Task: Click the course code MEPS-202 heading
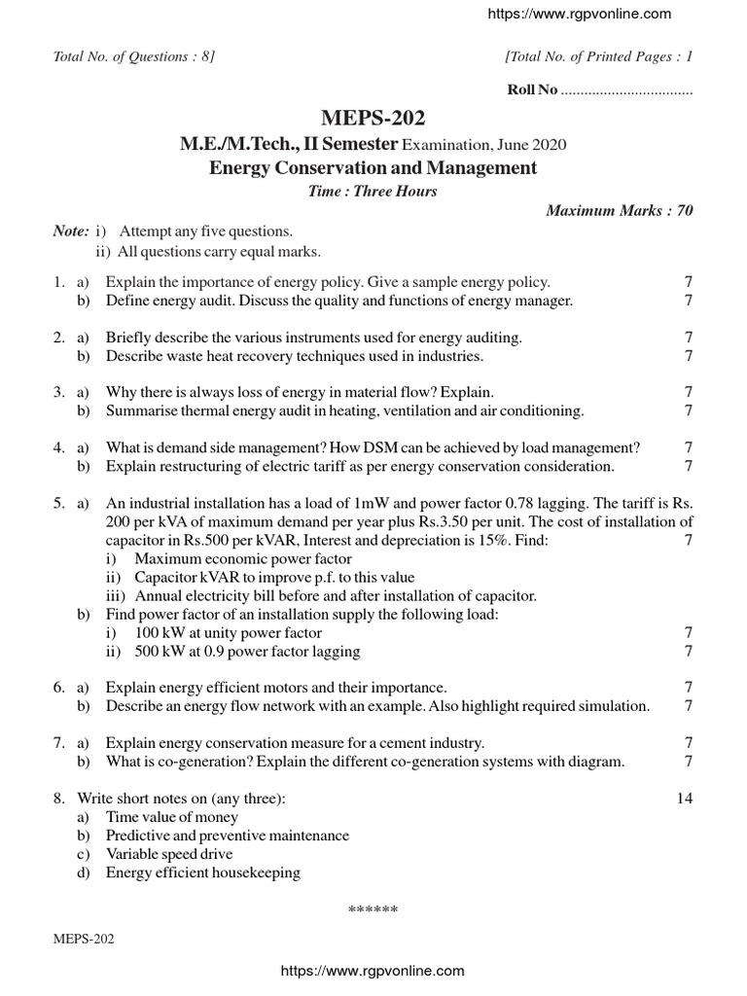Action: (x=373, y=119)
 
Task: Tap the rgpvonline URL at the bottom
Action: (x=373, y=971)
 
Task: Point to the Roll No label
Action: (x=533, y=89)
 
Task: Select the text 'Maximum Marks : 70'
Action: (x=620, y=210)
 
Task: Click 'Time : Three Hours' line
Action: (x=373, y=191)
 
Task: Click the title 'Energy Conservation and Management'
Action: (x=373, y=167)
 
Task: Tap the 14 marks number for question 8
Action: (x=684, y=799)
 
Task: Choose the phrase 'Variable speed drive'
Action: (x=169, y=854)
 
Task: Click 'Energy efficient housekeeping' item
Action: (x=203, y=872)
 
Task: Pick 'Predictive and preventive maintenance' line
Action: (x=227, y=836)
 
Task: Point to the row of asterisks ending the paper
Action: (x=373, y=910)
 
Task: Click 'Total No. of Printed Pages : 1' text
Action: (x=598, y=56)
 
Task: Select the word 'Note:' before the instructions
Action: (x=71, y=231)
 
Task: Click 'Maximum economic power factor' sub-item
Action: (x=242, y=559)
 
